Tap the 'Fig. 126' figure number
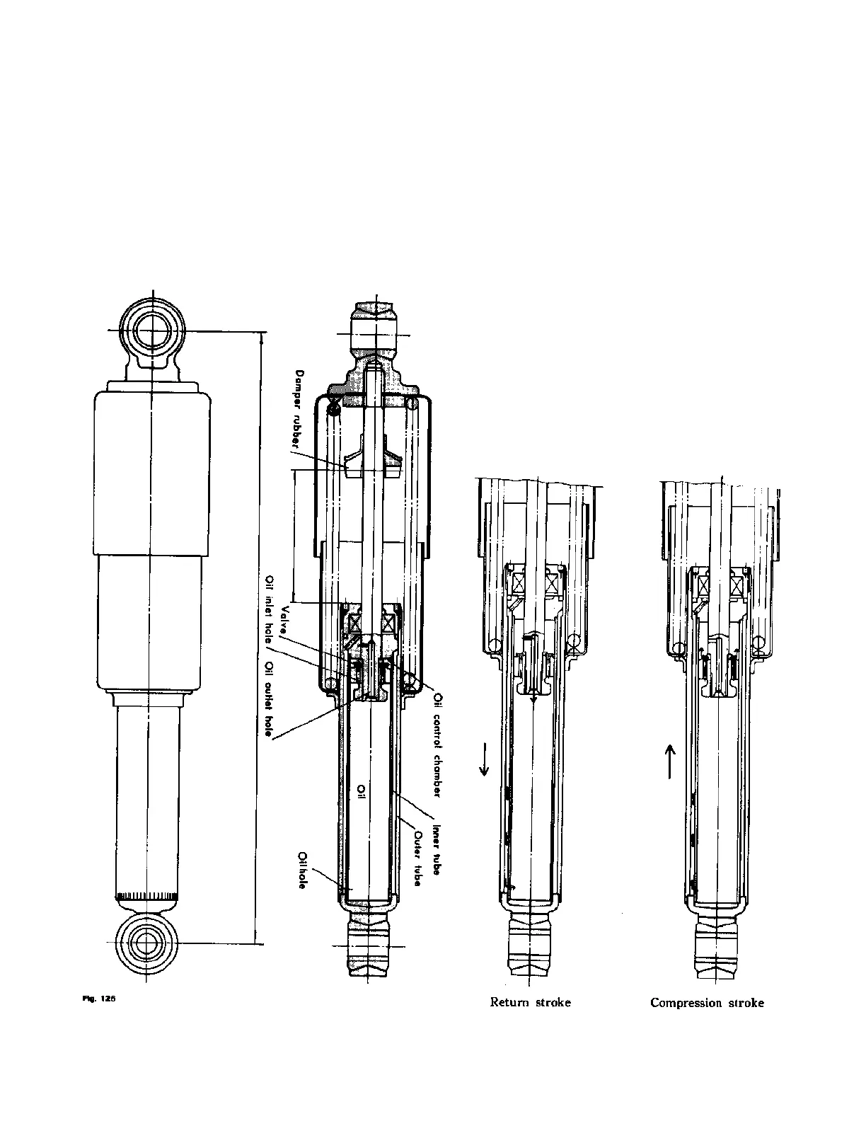[x=99, y=999]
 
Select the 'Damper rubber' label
[x=300, y=410]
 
